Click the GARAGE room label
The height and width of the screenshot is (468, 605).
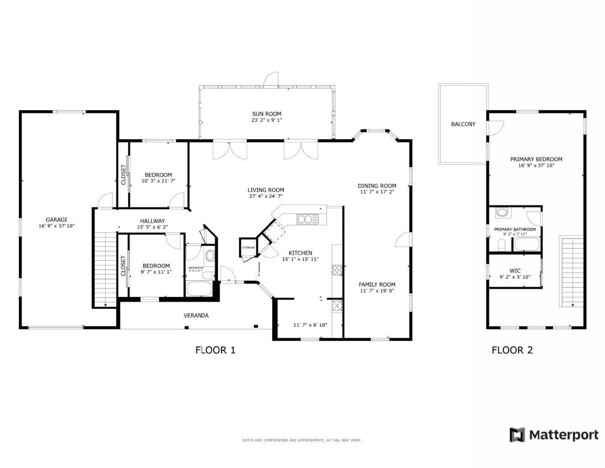(56, 220)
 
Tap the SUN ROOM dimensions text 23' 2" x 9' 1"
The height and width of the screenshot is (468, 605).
(266, 120)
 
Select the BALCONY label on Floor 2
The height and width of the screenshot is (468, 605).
(463, 124)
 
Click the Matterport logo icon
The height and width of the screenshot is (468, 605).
(517, 435)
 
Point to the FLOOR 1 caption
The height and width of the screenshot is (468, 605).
(215, 350)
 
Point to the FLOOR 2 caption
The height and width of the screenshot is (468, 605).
(512, 350)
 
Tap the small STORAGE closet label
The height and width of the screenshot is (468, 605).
(248, 248)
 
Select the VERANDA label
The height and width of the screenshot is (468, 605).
(196, 315)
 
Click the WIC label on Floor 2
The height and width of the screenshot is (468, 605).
(515, 271)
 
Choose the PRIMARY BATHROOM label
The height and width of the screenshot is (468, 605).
(515, 229)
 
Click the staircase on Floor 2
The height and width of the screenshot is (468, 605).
(572, 271)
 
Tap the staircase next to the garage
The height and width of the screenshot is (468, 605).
(105, 268)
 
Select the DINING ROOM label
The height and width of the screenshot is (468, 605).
(377, 186)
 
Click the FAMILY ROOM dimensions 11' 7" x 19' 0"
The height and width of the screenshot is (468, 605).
(377, 290)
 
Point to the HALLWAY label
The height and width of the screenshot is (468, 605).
(152, 221)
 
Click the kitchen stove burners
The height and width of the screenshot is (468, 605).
(337, 270)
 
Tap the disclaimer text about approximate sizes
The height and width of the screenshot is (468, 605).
(301, 440)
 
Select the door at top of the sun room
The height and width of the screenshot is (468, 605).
(271, 79)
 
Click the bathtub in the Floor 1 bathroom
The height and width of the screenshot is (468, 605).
(199, 290)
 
